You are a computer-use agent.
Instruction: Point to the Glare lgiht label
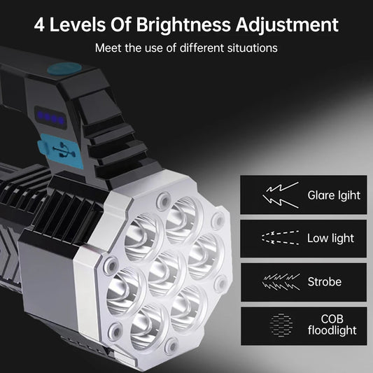[x=334, y=195]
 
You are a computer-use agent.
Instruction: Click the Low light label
[x=330, y=238]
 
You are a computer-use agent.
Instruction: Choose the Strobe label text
[x=324, y=282]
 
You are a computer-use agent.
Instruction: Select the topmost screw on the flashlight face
[x=163, y=198]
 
